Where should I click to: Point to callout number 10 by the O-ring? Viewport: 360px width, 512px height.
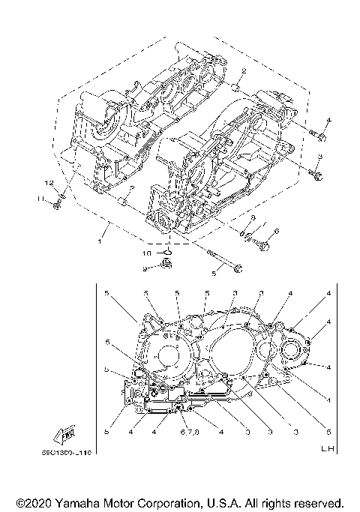coord(148,254)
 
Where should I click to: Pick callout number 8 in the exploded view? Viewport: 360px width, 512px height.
coord(253,218)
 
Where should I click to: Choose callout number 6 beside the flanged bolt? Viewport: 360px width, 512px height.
coord(276,232)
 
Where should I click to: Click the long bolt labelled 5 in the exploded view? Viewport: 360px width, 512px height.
coord(223,263)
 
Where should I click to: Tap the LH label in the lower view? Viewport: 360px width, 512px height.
coord(326,450)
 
